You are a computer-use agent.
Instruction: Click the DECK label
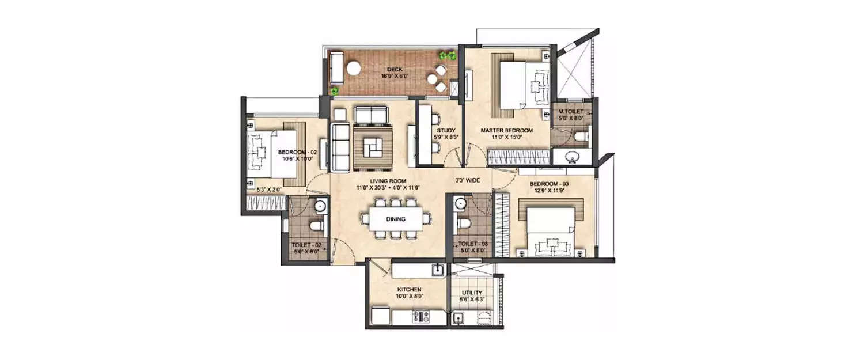[394, 69]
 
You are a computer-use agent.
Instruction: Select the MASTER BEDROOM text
[507, 131]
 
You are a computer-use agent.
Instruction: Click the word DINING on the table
[396, 219]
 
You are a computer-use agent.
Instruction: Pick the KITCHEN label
[410, 290]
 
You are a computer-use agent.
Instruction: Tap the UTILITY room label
[471, 293]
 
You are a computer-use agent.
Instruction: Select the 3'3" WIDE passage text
[468, 180]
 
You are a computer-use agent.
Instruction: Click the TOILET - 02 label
[305, 245]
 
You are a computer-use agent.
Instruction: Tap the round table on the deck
[353, 67]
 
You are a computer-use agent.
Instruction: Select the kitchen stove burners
[422, 316]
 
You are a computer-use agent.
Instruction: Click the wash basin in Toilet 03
[459, 203]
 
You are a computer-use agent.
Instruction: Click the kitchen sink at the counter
[437, 269]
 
